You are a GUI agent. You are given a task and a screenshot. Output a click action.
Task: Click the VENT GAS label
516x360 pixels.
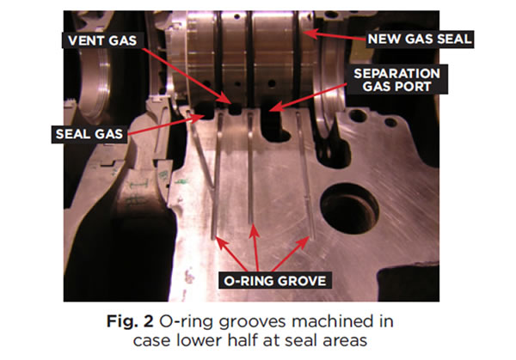tap(102, 40)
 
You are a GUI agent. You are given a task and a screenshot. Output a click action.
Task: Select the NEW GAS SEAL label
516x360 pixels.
tap(420, 40)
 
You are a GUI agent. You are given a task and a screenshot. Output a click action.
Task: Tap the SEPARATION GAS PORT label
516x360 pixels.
tap(396, 80)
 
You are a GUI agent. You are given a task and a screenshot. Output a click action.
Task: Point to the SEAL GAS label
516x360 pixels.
tap(89, 134)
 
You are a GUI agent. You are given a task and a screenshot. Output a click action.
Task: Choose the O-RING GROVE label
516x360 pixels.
tap(275, 281)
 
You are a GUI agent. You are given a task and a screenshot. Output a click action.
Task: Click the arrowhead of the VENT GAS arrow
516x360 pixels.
tap(226, 99)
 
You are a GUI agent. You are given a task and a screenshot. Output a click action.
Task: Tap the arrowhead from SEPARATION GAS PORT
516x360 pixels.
tap(276, 107)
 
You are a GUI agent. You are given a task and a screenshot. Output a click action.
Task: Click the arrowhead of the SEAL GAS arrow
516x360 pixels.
tap(200, 118)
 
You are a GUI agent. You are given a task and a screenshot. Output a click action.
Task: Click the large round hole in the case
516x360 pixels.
tap(349, 208)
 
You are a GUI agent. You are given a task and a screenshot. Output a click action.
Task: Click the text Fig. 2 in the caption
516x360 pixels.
tap(130, 321)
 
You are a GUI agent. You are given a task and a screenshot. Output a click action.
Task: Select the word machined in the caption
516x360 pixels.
tap(342, 320)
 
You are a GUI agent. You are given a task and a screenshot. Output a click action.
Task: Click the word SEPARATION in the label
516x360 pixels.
tap(396, 73)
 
